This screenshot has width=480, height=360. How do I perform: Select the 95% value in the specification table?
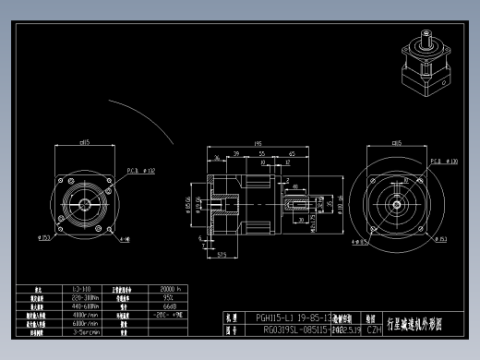point(169,298)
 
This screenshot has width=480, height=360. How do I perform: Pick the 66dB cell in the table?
point(169,306)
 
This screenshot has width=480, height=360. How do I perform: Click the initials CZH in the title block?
point(374,329)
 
